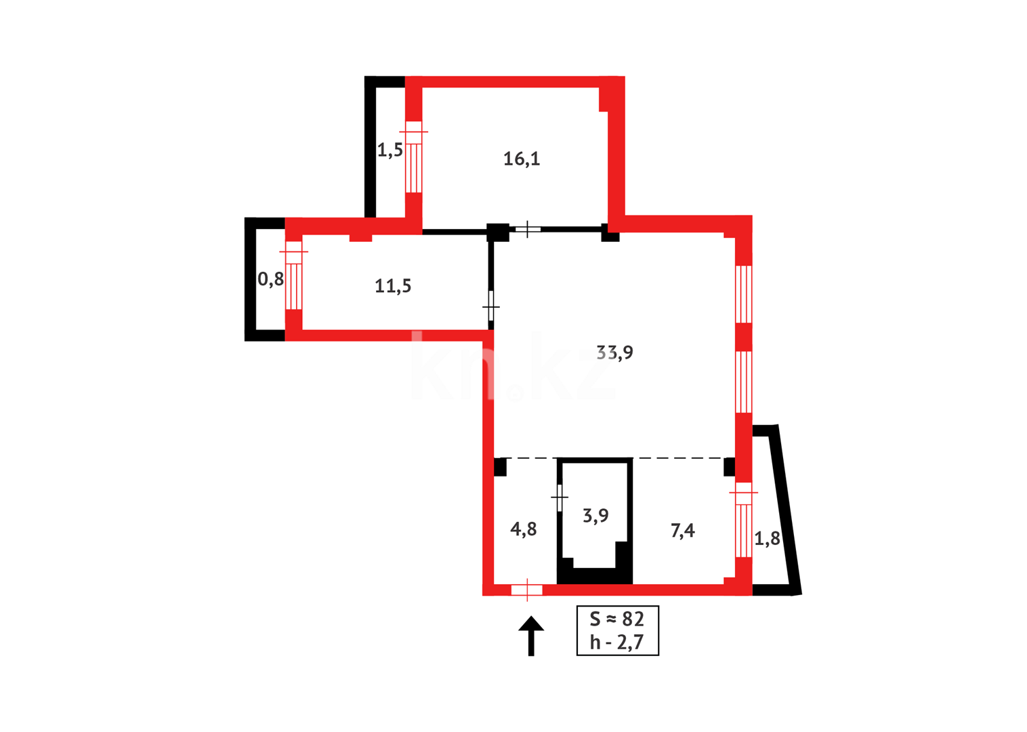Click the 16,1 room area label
[x=522, y=159]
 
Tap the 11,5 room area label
[x=393, y=286]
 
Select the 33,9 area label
[x=614, y=352]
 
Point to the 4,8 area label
[x=523, y=529]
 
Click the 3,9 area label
[x=595, y=516]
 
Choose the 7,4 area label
[x=682, y=531]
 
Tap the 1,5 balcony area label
[x=390, y=150]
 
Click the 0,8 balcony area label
[x=270, y=279]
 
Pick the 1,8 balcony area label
[x=767, y=539]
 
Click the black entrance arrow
[x=531, y=635]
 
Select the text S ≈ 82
[x=616, y=619]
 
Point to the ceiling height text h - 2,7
[x=616, y=642]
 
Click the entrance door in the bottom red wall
[x=527, y=590]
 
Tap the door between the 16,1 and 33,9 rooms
[x=528, y=229]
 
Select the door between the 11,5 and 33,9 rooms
[x=491, y=307]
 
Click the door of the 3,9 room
[x=560, y=498]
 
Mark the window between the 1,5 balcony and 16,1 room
[x=413, y=161]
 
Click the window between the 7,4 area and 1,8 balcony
[x=743, y=522]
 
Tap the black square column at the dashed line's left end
[x=501, y=467]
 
